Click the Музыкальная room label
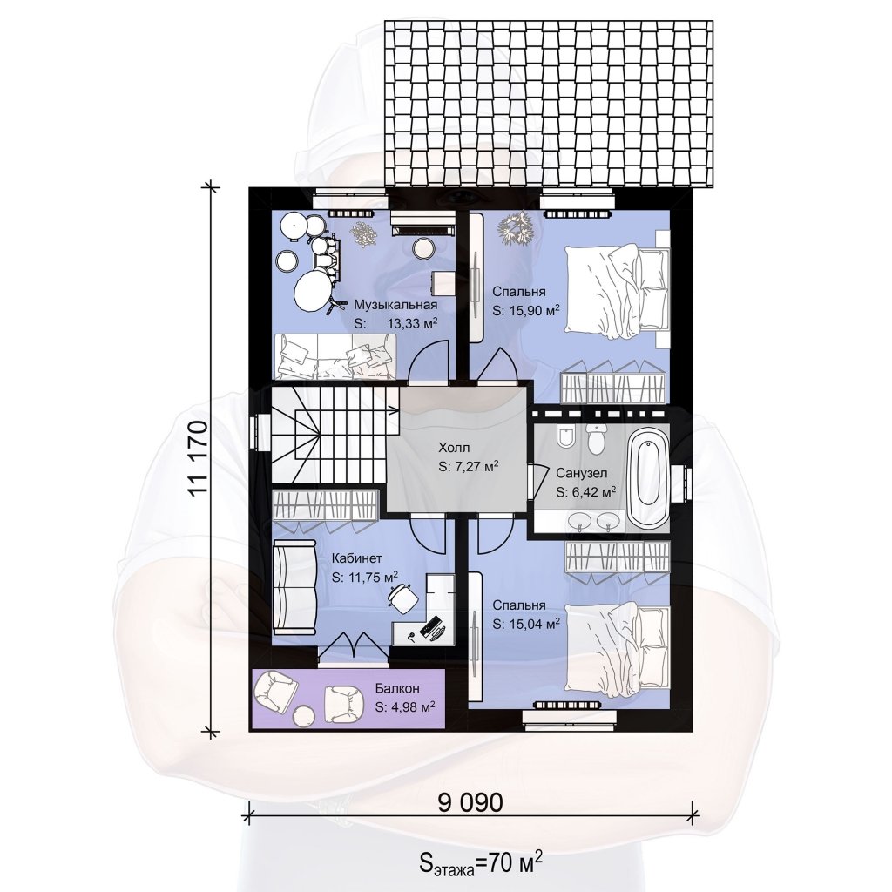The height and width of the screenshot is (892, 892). [x=395, y=305]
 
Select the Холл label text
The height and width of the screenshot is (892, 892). [x=454, y=447]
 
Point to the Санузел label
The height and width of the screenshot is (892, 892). [x=581, y=473]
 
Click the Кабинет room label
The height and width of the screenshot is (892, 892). [x=356, y=558]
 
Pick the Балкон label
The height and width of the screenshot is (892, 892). [x=397, y=688]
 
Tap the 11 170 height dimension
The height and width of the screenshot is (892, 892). [x=198, y=458]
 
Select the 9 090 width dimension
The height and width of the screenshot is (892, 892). [x=470, y=802]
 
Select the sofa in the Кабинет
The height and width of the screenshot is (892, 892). [x=294, y=588]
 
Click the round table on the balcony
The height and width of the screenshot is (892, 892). [x=302, y=715]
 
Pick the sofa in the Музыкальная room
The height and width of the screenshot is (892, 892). [x=335, y=356]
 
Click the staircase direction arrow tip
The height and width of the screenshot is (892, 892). [x=398, y=409]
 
